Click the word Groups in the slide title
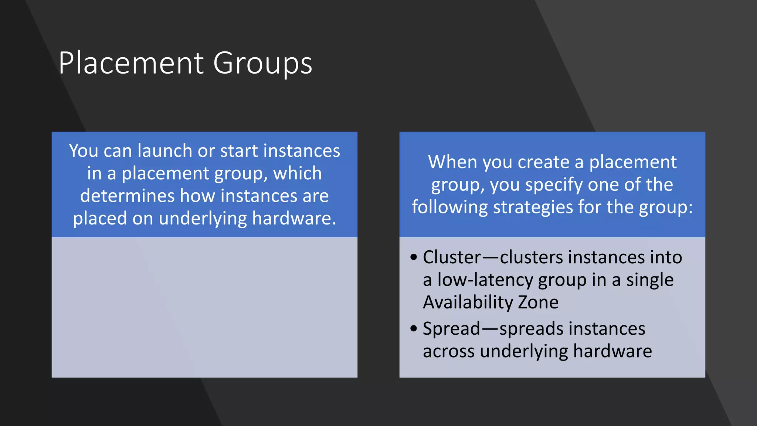(262, 64)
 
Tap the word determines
(127, 196)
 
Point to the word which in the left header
(297, 173)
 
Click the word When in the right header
(452, 162)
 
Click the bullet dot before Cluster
(414, 257)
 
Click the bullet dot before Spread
(414, 328)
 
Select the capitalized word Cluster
(452, 257)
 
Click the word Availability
(468, 302)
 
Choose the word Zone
(538, 302)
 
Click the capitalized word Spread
(451, 329)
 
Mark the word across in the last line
(448, 351)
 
